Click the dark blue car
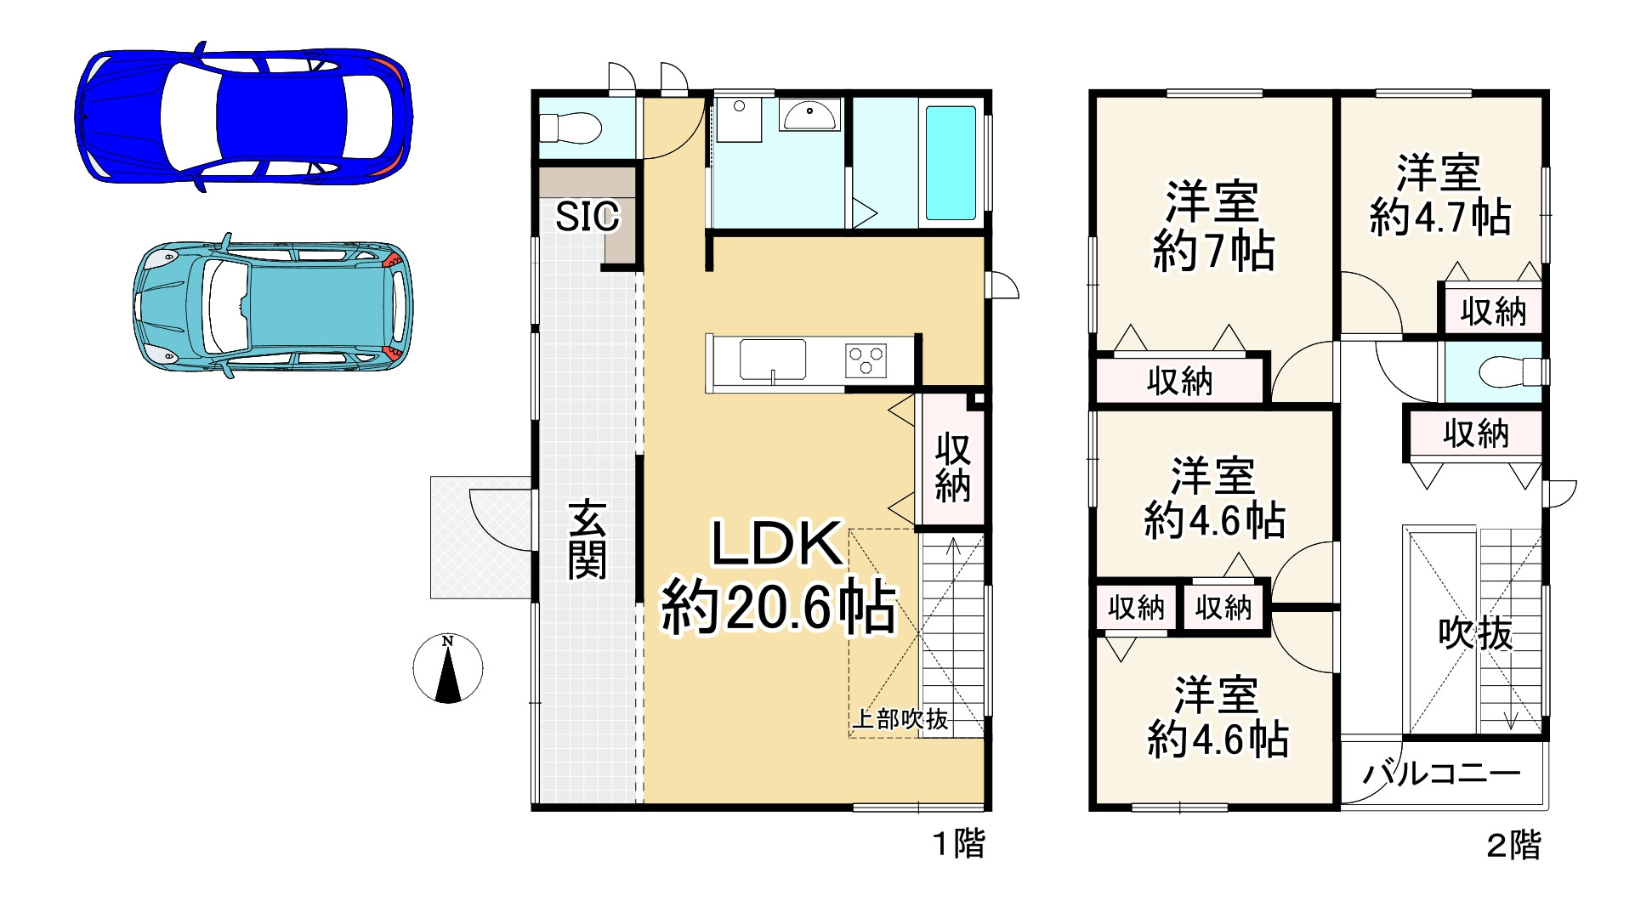tap(244, 116)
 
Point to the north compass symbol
tap(448, 669)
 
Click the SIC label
tap(587, 217)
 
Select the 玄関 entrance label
tap(587, 540)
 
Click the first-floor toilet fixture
tap(570, 129)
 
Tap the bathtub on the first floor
tap(950, 162)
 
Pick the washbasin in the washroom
tap(809, 114)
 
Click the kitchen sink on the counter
tap(772, 360)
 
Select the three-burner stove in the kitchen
tap(866, 360)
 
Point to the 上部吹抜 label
tap(900, 719)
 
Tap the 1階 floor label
tap(959, 844)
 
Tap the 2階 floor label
tap(1513, 846)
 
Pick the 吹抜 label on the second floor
tap(1475, 634)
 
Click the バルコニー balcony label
tap(1442, 773)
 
